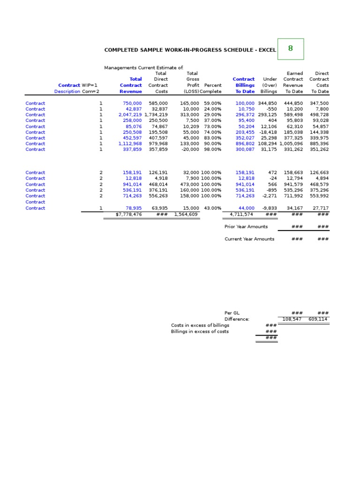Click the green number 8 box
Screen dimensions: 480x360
pyautogui.click(x=290, y=49)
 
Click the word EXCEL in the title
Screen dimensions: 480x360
pyautogui.click(x=266, y=50)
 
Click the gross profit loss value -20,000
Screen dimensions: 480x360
pyautogui.click(x=189, y=150)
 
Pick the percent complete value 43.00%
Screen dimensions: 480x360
pyautogui.click(x=212, y=208)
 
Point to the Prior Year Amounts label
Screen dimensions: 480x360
pyautogui.click(x=246, y=227)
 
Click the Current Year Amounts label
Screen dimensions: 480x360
pyautogui.click(x=249, y=239)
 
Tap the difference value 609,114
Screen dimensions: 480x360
pyautogui.click(x=319, y=319)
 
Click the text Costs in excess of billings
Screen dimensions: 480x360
pyautogui.click(x=200, y=325)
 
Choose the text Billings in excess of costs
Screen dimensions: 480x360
pyautogui.click(x=200, y=331)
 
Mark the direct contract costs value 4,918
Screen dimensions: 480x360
pyautogui.click(x=160, y=179)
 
